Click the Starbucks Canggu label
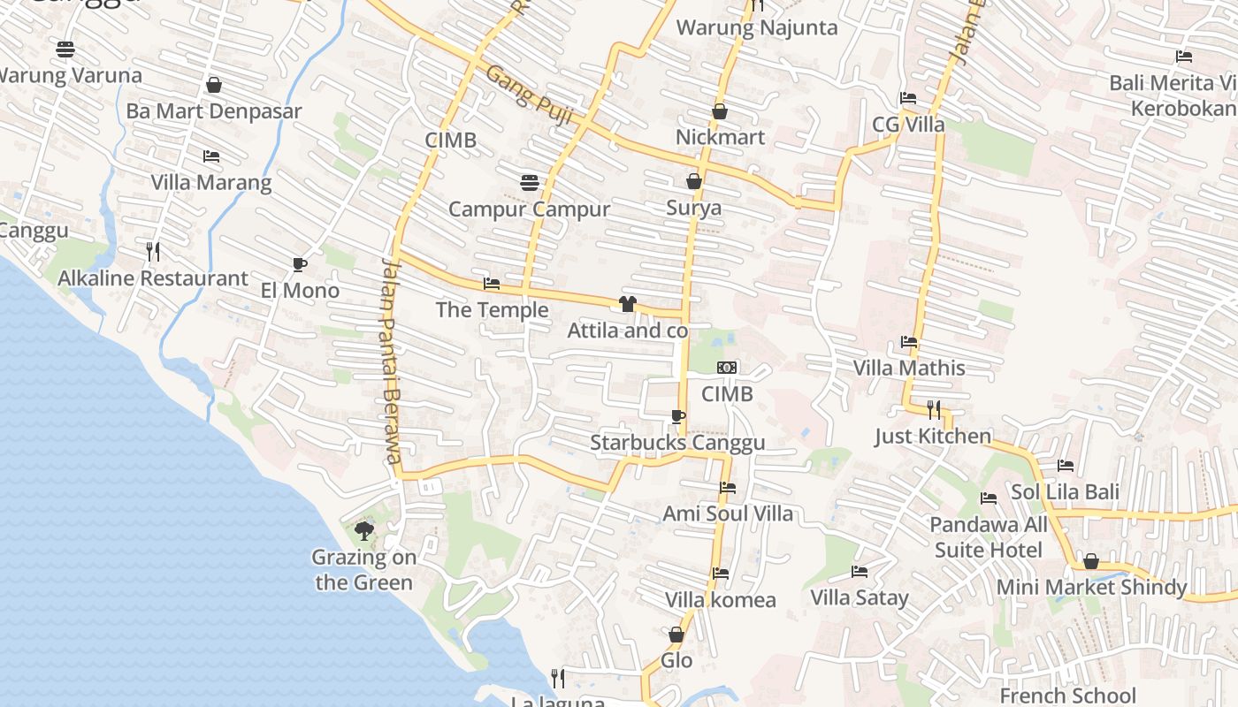pyautogui.click(x=677, y=443)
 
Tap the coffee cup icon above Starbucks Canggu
pyautogui.click(x=678, y=416)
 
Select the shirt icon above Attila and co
pyautogui.click(x=628, y=304)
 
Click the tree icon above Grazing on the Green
pyautogui.click(x=363, y=530)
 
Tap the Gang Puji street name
pyautogui.click(x=530, y=96)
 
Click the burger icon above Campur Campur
pyautogui.click(x=529, y=183)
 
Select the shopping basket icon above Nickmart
pyautogui.click(x=720, y=111)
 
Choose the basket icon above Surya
pyautogui.click(x=694, y=181)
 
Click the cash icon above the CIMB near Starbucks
pyautogui.click(x=727, y=368)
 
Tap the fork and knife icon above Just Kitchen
pyautogui.click(x=934, y=409)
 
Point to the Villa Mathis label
pyautogui.click(x=909, y=368)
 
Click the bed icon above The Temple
pyautogui.click(x=492, y=284)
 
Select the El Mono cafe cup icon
pyautogui.click(x=300, y=264)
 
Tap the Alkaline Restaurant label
pyautogui.click(x=153, y=278)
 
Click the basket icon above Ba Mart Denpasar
pyautogui.click(x=213, y=85)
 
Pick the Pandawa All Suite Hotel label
pyautogui.click(x=988, y=537)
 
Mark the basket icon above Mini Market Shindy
pyautogui.click(x=1091, y=561)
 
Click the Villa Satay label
pyautogui.click(x=860, y=598)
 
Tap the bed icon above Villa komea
pyautogui.click(x=721, y=574)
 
